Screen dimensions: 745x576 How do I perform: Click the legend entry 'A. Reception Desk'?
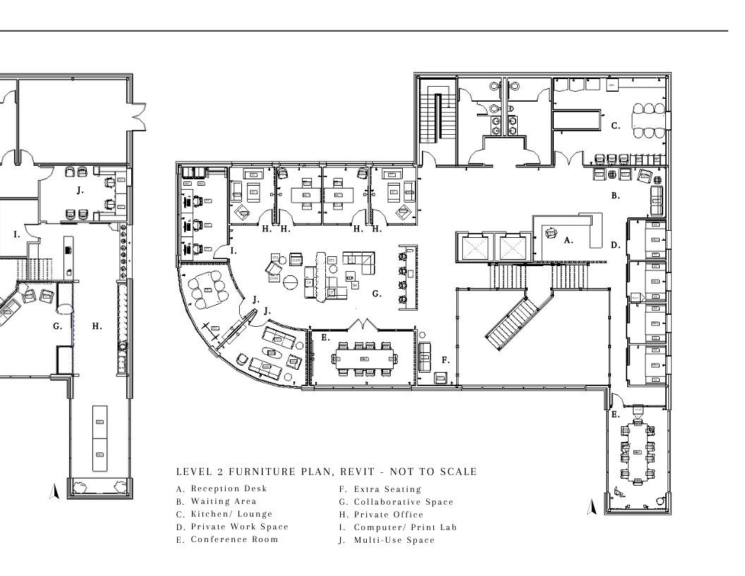[222, 488]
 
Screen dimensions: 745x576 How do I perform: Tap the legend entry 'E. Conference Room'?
[227, 539]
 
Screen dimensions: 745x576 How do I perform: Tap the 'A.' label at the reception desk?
[568, 240]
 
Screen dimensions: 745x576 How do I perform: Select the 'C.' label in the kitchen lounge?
[615, 126]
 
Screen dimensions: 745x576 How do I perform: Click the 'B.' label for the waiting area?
[614, 196]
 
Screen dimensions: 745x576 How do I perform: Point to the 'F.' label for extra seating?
[445, 360]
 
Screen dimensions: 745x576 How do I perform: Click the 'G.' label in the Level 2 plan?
[377, 293]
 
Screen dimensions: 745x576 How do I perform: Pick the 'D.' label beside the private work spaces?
[615, 246]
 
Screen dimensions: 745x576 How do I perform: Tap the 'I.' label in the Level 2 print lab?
[234, 250]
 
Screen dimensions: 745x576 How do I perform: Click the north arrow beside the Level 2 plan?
[592, 506]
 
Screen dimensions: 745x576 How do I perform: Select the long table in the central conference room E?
[364, 359]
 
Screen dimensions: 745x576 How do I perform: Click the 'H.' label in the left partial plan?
[97, 326]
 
